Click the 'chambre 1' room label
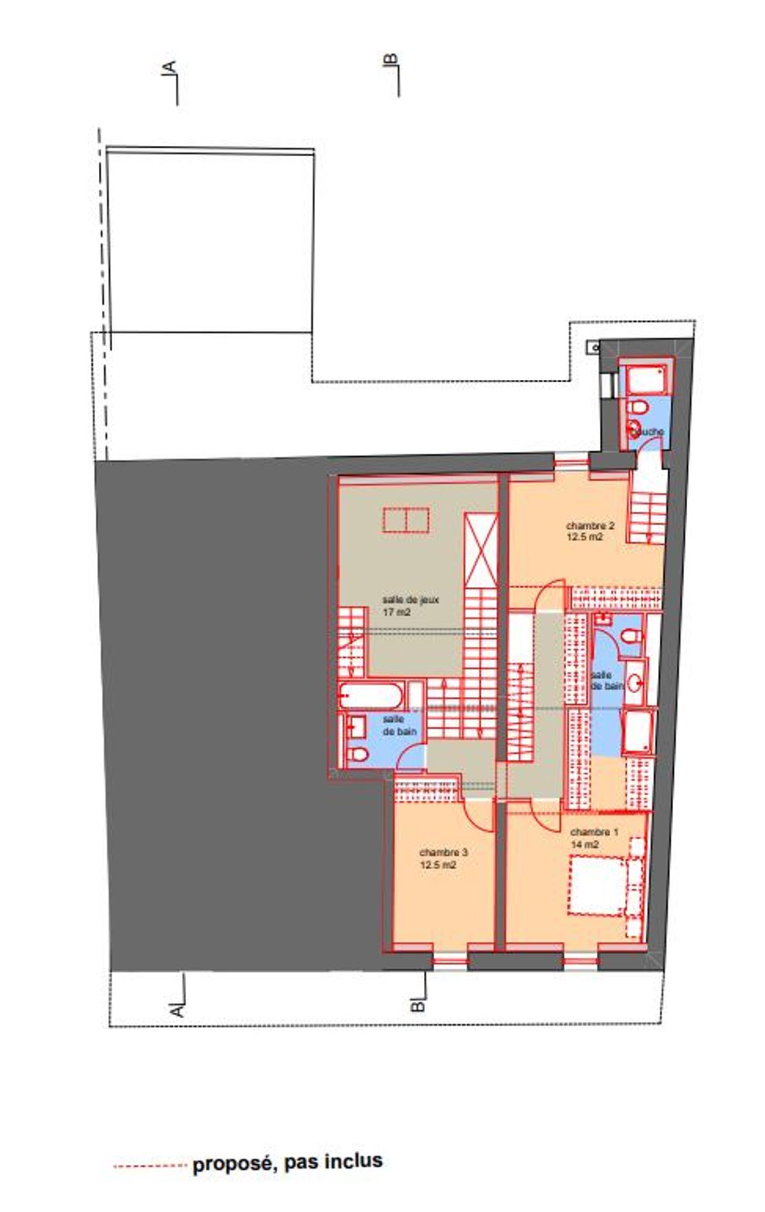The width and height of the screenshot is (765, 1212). click(x=594, y=832)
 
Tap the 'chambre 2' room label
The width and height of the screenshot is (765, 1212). click(x=590, y=526)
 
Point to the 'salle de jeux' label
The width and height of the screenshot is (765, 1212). click(x=411, y=600)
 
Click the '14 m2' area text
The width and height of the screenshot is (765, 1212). click(x=585, y=845)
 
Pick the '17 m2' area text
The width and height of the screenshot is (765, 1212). click(x=396, y=612)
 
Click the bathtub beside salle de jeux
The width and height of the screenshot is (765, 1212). click(x=372, y=696)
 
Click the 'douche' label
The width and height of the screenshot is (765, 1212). click(x=650, y=431)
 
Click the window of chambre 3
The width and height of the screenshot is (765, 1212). click(x=450, y=960)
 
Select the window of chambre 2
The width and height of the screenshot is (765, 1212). click(x=571, y=460)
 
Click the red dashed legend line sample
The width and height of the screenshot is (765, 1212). click(x=150, y=1165)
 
